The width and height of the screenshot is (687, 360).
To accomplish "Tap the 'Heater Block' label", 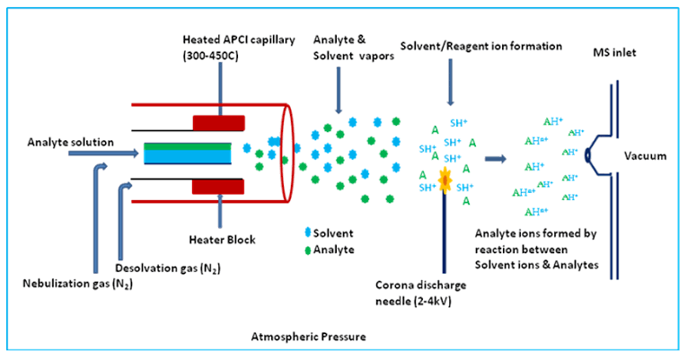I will point(222,240).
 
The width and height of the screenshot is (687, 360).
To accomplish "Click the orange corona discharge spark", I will point(444,175).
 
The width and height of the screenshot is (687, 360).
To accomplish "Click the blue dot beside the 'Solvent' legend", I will point(308,233).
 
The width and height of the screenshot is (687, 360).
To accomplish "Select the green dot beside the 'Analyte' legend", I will point(308,250).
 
